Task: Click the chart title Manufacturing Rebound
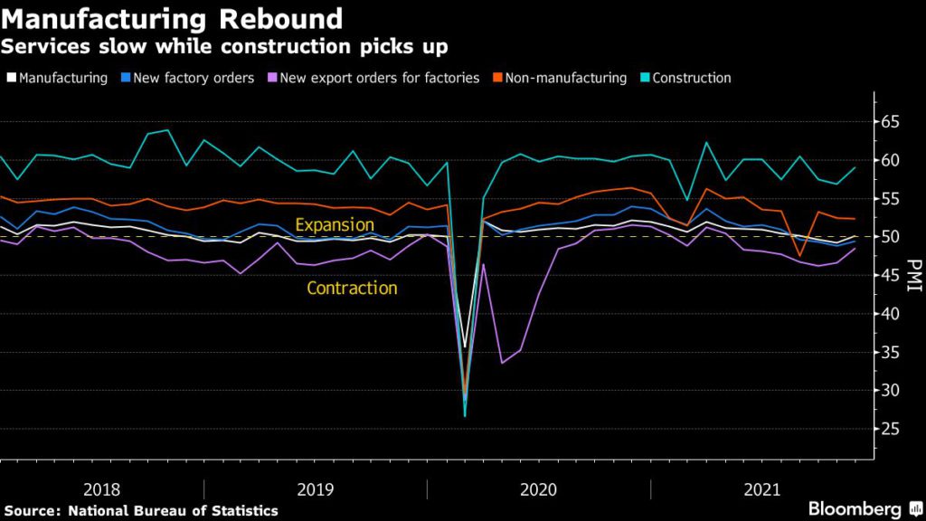point(173,18)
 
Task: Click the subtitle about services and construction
point(225,44)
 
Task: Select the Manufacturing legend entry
point(62,78)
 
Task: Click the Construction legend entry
point(688,78)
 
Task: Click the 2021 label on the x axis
point(761,489)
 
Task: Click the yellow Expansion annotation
point(335,224)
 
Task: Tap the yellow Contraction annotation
point(352,289)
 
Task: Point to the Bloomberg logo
point(855,508)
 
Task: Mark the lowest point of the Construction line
point(465,415)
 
